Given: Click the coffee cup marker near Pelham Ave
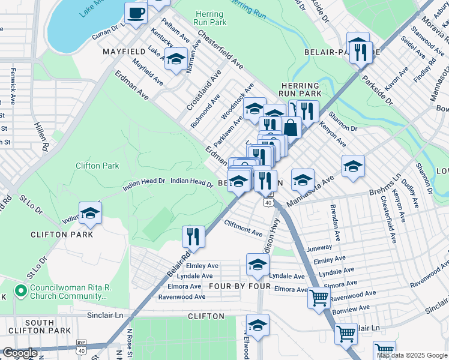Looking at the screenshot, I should (136, 13).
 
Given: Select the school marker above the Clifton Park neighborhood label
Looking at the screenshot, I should (90, 214).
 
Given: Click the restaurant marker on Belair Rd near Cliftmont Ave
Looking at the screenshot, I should (193, 235).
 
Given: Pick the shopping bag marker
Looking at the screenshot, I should (291, 128).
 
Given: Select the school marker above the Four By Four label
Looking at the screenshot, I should (258, 265).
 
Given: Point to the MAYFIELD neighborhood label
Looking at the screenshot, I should (125, 52).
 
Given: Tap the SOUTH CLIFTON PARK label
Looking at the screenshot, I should (40, 326).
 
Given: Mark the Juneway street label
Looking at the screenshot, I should (319, 247).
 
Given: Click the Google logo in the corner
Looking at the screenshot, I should (20, 353).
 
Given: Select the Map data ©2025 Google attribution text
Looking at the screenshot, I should (411, 355).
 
